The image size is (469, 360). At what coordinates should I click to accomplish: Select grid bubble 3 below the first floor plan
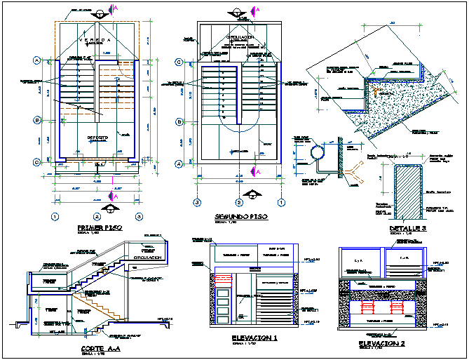(140, 217)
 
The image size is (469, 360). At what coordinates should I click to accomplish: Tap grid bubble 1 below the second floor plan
(281, 203)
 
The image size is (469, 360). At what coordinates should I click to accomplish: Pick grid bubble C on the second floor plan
(179, 62)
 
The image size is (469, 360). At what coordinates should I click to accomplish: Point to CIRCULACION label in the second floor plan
(240, 36)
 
